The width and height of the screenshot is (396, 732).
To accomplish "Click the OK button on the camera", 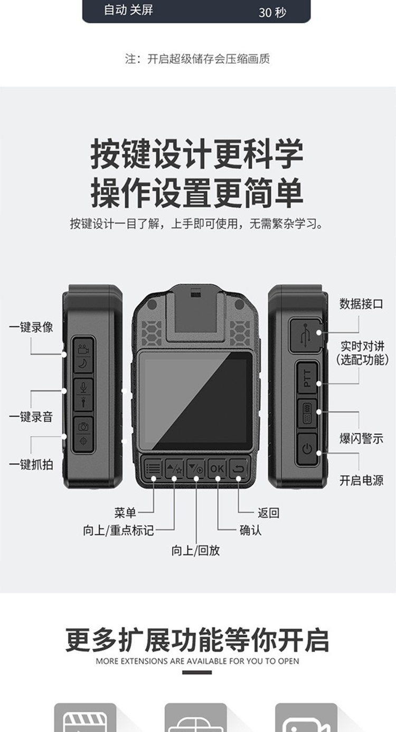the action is (x=217, y=468).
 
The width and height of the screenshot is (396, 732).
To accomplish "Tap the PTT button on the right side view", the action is (x=307, y=378).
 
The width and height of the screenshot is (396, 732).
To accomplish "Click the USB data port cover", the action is (x=305, y=335).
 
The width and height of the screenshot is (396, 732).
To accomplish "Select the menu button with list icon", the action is (x=153, y=468).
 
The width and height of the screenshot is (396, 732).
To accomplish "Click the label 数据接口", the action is (x=361, y=304).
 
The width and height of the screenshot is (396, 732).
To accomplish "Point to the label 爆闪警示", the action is (x=361, y=438).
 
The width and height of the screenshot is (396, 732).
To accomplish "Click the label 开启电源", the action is (x=361, y=480).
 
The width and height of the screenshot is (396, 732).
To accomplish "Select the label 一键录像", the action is (x=31, y=327).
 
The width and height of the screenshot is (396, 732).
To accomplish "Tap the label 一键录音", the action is (x=31, y=417).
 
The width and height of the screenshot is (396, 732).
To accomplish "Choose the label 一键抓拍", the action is (x=31, y=465).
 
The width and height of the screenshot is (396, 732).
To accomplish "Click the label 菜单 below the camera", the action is (x=125, y=513).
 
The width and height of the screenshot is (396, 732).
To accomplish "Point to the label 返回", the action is (x=268, y=513).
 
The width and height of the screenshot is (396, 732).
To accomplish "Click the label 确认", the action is (x=250, y=530).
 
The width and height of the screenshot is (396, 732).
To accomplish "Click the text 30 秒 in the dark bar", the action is (x=272, y=13).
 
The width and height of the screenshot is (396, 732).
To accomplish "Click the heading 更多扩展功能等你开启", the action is (x=197, y=640).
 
